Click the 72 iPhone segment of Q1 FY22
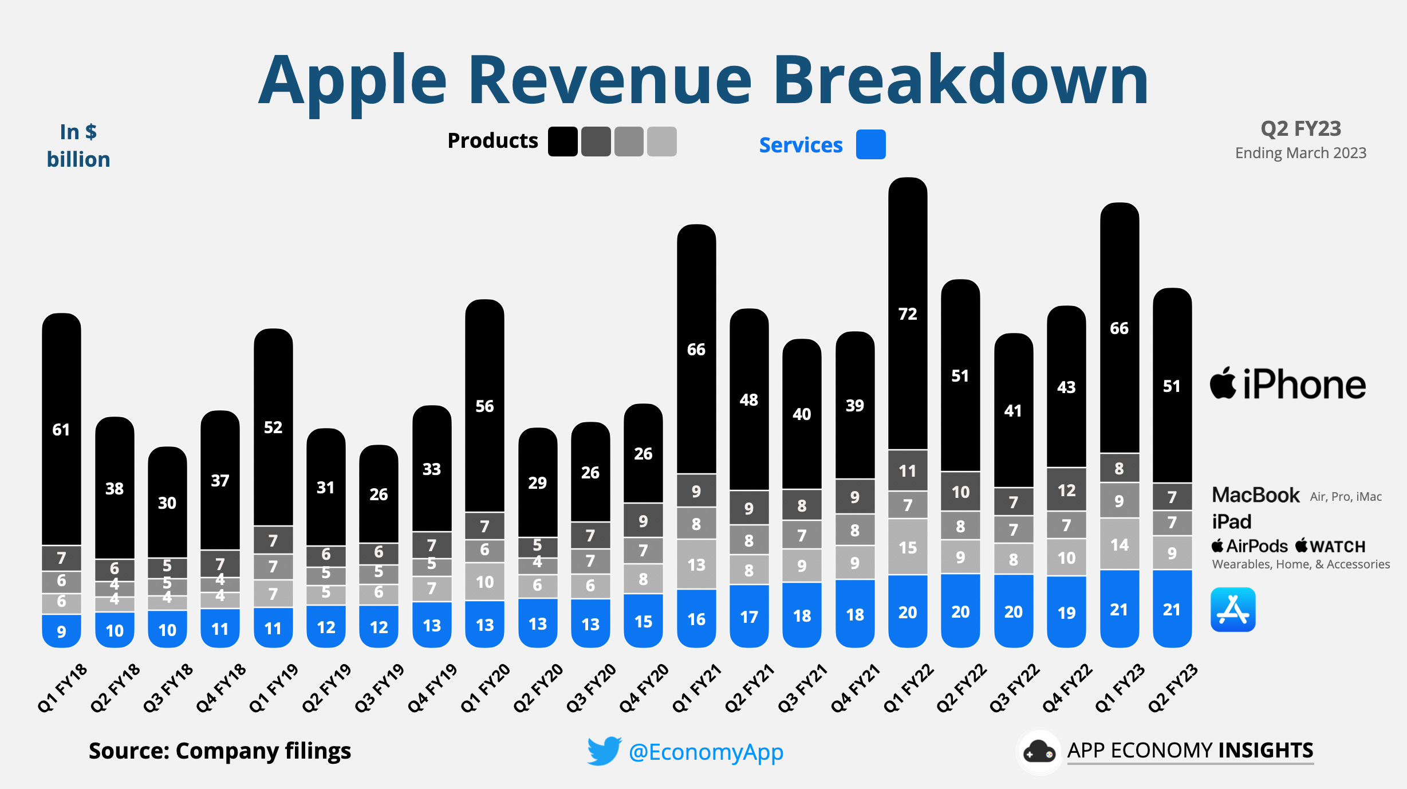click(x=908, y=314)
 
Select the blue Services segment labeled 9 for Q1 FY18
click(x=61, y=630)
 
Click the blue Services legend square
click(x=870, y=144)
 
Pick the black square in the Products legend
click(x=562, y=142)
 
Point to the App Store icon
click(x=1233, y=610)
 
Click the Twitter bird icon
click(x=604, y=751)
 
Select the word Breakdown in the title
click(x=960, y=80)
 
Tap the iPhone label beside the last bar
click(x=1288, y=384)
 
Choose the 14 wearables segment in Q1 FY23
click(x=1120, y=544)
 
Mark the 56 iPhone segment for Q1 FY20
click(x=484, y=406)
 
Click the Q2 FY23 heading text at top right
click(x=1300, y=129)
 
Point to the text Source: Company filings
click(x=220, y=751)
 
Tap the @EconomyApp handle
click(x=706, y=752)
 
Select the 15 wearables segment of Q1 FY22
click(x=908, y=547)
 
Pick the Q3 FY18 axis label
click(x=168, y=688)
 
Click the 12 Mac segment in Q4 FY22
click(x=1066, y=490)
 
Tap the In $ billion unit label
click(x=78, y=146)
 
